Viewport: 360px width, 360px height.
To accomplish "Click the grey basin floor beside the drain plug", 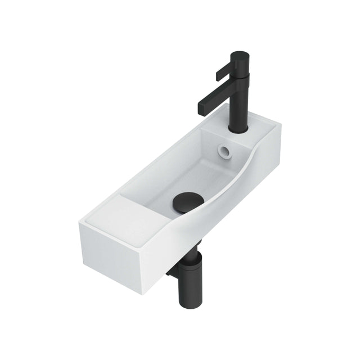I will (163, 186).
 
